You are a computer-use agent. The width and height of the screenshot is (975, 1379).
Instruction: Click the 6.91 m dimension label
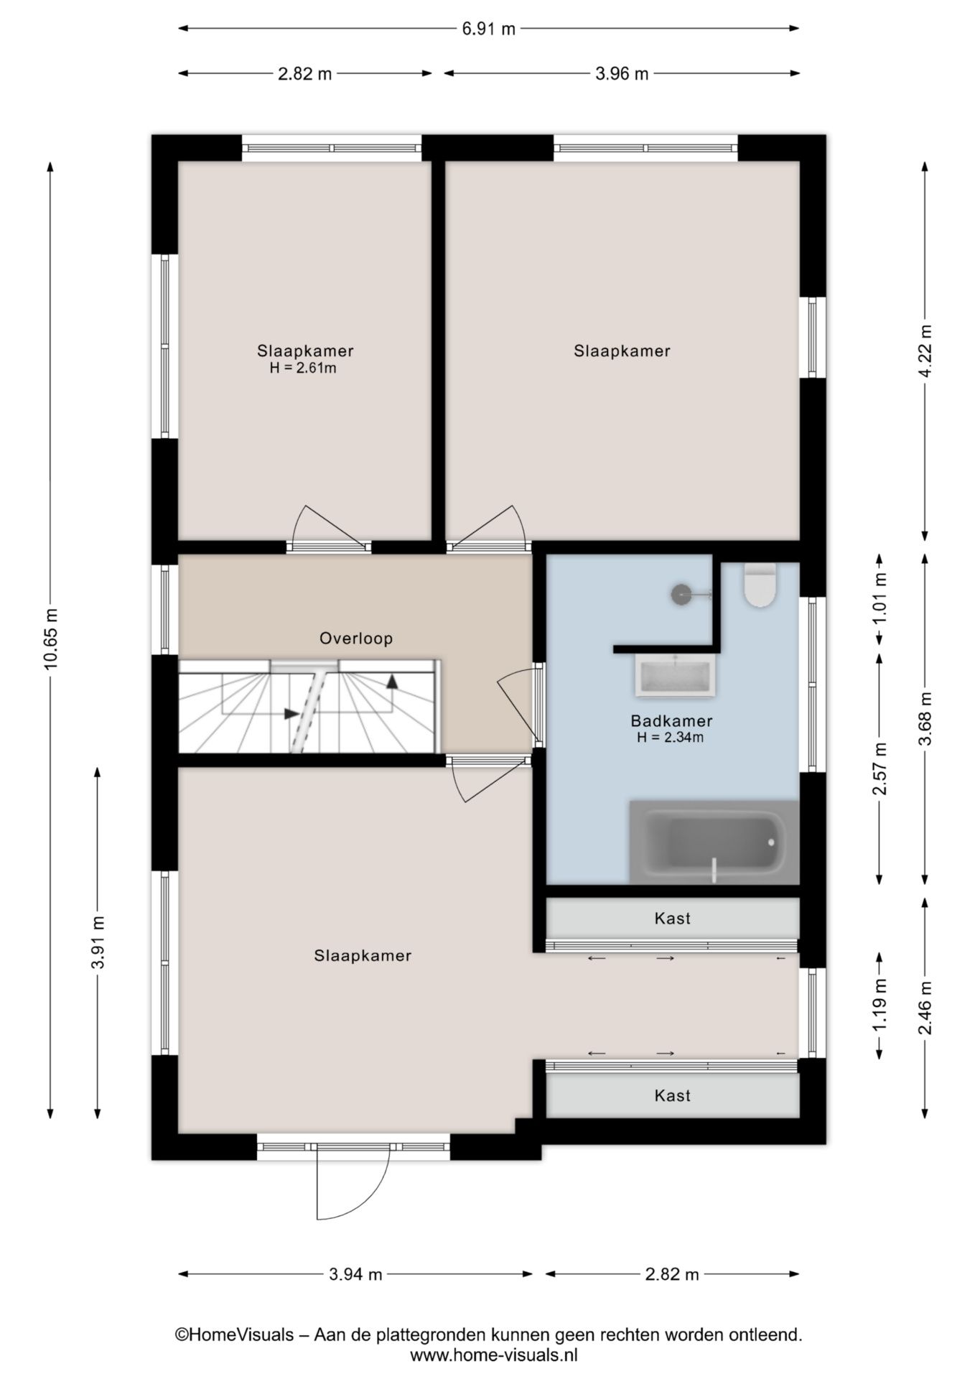[488, 29]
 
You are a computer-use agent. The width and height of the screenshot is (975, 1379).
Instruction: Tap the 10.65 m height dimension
[50, 639]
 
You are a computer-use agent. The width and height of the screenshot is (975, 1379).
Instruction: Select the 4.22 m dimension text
[925, 350]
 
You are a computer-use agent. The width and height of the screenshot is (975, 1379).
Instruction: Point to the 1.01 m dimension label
[880, 599]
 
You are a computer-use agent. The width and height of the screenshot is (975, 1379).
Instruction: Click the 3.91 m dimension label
[98, 942]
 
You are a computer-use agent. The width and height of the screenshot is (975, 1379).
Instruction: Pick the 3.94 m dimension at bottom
[355, 1274]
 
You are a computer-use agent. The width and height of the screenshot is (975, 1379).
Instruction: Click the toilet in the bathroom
[760, 585]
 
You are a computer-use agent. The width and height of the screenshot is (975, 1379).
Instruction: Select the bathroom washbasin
[675, 675]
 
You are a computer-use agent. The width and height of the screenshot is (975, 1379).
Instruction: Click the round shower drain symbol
[681, 594]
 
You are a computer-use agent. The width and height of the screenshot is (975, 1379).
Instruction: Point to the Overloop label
[356, 638]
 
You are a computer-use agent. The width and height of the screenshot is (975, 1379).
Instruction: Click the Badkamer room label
[671, 720]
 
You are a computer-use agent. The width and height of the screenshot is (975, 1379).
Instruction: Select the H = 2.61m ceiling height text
[303, 368]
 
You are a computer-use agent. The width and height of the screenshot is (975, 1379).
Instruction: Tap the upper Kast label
[673, 918]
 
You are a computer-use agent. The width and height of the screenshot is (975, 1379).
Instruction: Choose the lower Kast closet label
[673, 1095]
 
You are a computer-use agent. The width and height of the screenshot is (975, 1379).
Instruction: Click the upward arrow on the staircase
[392, 681]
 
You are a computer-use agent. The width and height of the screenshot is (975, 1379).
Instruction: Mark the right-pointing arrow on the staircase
[291, 713]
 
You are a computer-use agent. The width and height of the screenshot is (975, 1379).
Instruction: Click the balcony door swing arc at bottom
[363, 1192]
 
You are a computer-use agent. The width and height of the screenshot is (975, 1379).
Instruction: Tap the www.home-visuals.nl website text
[494, 1355]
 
